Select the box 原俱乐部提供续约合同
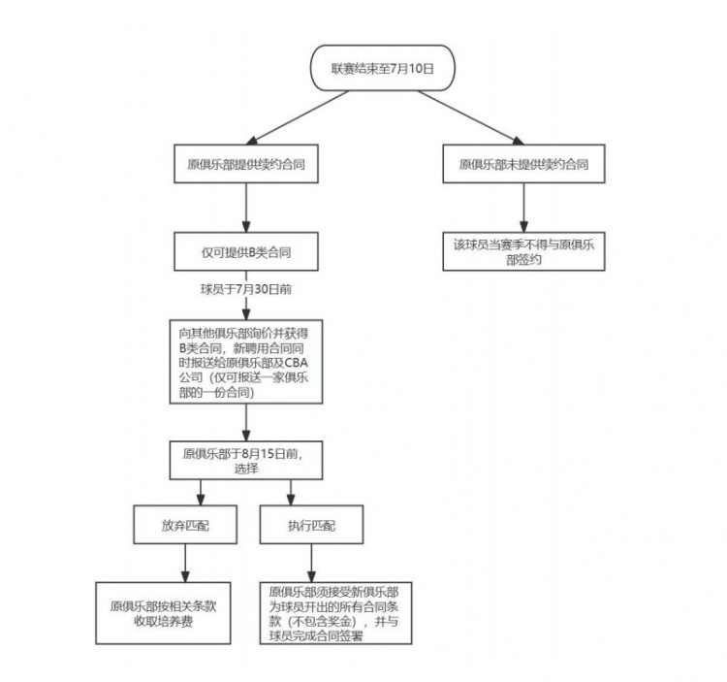[246, 164]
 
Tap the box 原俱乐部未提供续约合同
[523, 164]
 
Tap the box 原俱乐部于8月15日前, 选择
[246, 460]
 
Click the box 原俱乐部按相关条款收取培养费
[163, 611]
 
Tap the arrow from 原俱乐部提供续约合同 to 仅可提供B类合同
[246, 207]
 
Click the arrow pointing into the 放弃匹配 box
[184, 492]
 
